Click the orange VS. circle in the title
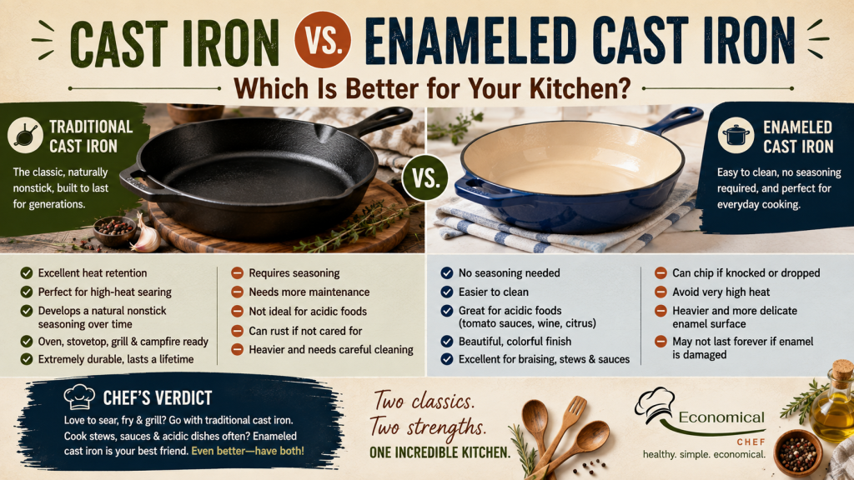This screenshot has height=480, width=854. pyautogui.click(x=323, y=40)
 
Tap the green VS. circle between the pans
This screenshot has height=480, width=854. pyautogui.click(x=425, y=178)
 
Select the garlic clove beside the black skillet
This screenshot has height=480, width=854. pyautogui.click(x=144, y=235)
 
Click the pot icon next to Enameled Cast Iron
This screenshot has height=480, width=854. pyautogui.click(x=736, y=135)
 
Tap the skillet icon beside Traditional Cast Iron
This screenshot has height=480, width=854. pyautogui.click(x=25, y=135)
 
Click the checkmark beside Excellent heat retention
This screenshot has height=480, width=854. pyautogui.click(x=26, y=273)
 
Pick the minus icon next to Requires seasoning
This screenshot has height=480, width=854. pyautogui.click(x=237, y=272)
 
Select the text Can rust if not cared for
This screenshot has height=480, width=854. pyautogui.click(x=305, y=331)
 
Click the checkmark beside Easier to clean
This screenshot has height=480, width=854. pyautogui.click(x=447, y=292)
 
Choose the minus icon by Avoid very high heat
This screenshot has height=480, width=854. pyautogui.click(x=661, y=292)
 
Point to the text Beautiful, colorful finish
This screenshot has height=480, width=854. pyautogui.click(x=515, y=341)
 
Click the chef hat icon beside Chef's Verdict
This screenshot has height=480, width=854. pyautogui.click(x=79, y=397)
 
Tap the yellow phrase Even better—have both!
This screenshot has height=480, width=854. pyautogui.click(x=247, y=451)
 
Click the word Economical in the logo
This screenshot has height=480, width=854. pyautogui.click(x=721, y=417)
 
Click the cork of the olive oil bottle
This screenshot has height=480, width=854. pyautogui.click(x=841, y=371)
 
